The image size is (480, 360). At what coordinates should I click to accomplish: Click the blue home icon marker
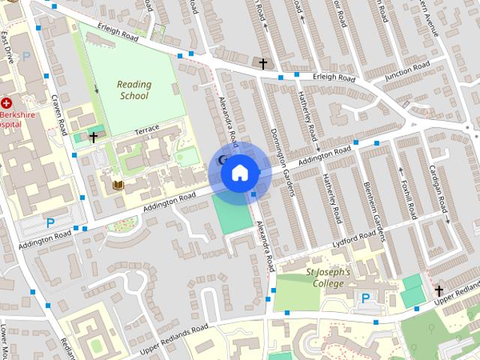(x=239, y=172)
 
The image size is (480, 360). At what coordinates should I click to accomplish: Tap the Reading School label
(x=133, y=90)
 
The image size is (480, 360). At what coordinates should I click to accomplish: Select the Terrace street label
(x=147, y=130)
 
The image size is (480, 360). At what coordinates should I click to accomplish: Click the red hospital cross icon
(x=7, y=102)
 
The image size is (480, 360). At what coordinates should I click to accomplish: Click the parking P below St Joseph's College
(x=365, y=298)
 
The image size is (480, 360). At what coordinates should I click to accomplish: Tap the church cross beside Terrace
(x=93, y=136)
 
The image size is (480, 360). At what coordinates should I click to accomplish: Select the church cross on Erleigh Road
(x=263, y=64)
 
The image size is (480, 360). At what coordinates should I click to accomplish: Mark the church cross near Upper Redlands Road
(x=439, y=290)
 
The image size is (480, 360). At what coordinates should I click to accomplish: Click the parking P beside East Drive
(x=27, y=56)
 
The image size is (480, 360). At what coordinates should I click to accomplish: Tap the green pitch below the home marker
(x=232, y=213)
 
